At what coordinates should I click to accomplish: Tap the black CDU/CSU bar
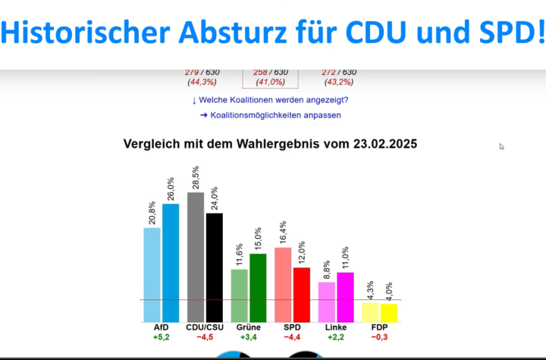pyautogui.click(x=215, y=267)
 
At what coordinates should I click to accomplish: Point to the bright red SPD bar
pyautogui.click(x=302, y=294)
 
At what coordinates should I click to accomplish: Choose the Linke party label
pyautogui.click(x=336, y=327)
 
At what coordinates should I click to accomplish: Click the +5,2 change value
pyautogui.click(x=161, y=337)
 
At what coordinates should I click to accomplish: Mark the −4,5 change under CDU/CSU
pyautogui.click(x=205, y=337)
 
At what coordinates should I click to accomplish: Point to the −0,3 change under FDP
pyautogui.click(x=380, y=337)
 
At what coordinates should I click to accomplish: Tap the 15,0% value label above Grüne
pyautogui.click(x=259, y=239)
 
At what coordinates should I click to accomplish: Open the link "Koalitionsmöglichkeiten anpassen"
pyautogui.click(x=271, y=115)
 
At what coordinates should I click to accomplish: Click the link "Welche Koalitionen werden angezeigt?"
pyautogui.click(x=271, y=100)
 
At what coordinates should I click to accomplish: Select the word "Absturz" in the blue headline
pyautogui.click(x=240, y=33)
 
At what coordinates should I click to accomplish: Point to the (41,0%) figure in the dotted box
pyautogui.click(x=270, y=82)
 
